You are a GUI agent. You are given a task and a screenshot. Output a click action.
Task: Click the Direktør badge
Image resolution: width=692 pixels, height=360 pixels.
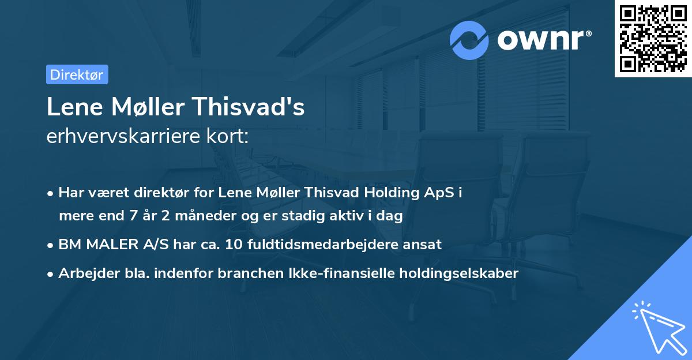(77, 74)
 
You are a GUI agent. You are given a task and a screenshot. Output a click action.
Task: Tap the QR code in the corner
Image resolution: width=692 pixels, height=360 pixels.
(653, 38)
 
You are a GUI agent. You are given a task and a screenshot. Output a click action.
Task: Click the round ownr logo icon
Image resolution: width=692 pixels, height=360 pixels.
(470, 40)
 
